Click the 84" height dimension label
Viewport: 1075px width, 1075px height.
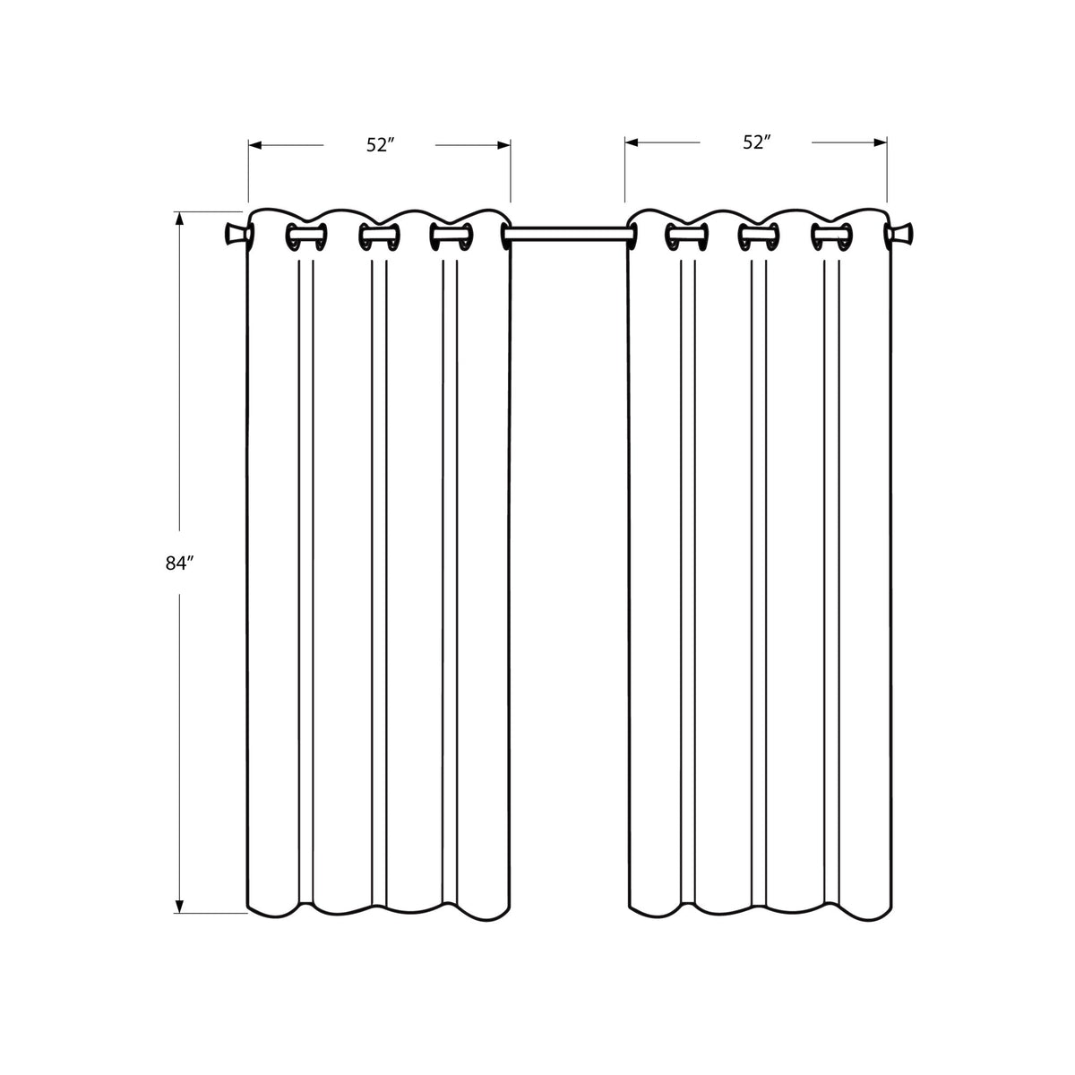pos(179,563)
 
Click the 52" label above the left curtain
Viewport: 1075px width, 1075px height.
pos(381,145)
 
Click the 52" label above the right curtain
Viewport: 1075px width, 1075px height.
pos(756,142)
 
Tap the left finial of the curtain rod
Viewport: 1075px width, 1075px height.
pos(236,234)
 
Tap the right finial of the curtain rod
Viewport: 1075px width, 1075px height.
pos(901,234)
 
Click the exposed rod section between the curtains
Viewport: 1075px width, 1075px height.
pos(569,234)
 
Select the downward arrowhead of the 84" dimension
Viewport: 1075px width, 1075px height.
pos(179,906)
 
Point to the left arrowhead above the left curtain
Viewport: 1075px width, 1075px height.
pos(255,146)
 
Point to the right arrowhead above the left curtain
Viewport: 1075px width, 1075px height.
pos(503,146)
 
